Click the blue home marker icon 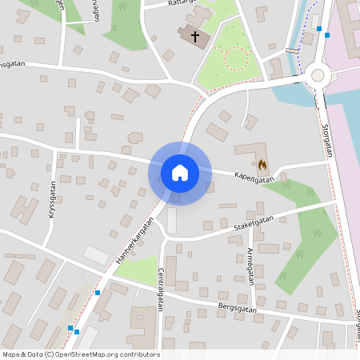(179, 173)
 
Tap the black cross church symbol (192, 36)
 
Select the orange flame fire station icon (262, 163)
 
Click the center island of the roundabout (318, 75)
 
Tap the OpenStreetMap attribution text (81, 354)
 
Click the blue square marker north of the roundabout (318, 29)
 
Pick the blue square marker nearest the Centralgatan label (98, 293)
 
